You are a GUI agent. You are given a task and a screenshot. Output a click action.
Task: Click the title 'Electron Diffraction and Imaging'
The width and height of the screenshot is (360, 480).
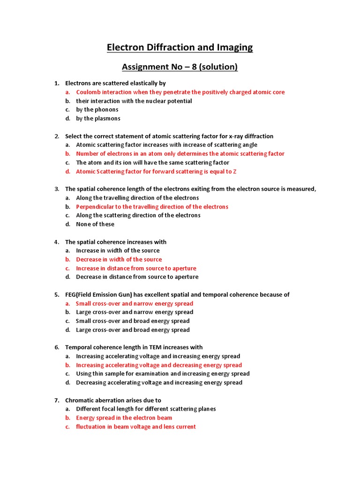(180, 47)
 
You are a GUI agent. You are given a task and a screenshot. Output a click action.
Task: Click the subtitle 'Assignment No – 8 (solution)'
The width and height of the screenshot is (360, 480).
(180, 67)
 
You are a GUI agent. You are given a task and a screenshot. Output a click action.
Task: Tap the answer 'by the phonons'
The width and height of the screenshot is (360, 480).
(97, 110)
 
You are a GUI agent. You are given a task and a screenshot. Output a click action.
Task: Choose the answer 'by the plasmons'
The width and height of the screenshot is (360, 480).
(98, 119)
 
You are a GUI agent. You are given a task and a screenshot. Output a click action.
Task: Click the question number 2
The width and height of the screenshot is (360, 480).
(57, 136)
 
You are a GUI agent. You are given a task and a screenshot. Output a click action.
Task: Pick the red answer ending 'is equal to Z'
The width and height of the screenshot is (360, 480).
(156, 172)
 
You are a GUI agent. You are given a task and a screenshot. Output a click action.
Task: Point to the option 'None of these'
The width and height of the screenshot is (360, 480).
(95, 224)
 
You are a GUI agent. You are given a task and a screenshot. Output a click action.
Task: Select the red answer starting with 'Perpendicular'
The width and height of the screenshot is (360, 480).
(152, 207)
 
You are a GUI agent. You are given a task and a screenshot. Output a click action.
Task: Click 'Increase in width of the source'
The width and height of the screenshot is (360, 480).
(118, 251)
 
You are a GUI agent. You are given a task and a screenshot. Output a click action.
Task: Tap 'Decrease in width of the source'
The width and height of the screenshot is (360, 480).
(119, 259)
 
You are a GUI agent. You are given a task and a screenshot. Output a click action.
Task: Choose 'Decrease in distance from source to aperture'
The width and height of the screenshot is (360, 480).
(137, 277)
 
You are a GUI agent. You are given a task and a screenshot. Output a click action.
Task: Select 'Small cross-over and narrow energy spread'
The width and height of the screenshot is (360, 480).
(135, 304)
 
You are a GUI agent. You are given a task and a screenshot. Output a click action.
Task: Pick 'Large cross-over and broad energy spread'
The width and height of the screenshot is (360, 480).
(133, 330)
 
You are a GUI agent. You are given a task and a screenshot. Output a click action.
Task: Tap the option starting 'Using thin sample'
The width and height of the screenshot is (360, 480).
(163, 374)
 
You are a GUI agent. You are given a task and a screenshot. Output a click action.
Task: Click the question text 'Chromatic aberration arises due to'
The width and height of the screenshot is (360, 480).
(113, 400)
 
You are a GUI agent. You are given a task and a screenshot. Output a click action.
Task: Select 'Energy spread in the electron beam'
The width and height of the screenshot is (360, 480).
(124, 418)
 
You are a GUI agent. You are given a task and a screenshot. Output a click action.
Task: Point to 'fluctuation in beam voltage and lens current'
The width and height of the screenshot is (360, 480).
(136, 427)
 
